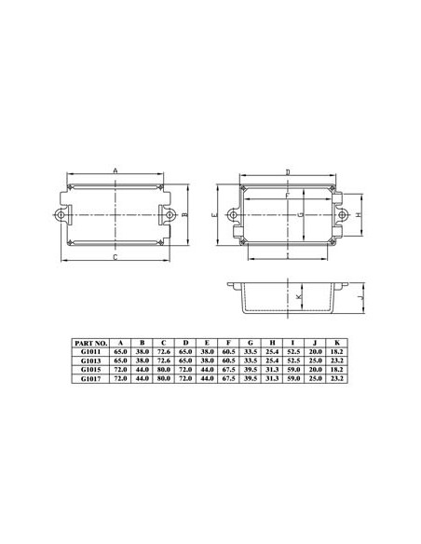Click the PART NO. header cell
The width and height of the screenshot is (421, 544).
point(90,344)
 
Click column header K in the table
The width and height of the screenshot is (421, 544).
point(336,344)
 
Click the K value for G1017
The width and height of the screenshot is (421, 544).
point(336,379)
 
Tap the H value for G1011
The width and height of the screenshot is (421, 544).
point(272,352)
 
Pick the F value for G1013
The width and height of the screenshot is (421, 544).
point(229,361)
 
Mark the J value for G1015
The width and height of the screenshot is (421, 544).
point(315,370)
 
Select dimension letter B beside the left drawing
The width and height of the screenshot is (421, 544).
point(184,215)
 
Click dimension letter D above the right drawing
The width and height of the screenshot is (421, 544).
point(288,172)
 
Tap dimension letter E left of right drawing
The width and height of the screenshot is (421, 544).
point(216,215)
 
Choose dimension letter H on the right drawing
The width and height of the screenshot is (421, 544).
point(359,215)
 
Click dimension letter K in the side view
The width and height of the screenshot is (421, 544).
point(300,297)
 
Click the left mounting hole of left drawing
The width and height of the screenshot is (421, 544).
point(61,215)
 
